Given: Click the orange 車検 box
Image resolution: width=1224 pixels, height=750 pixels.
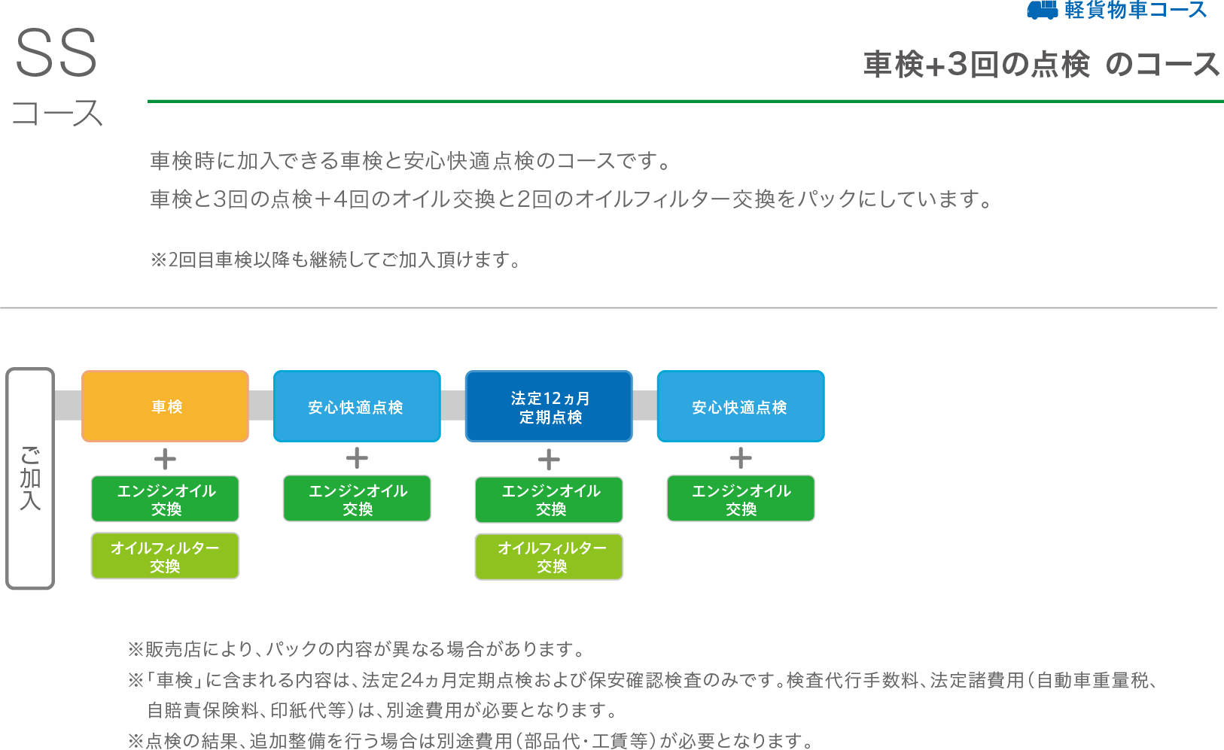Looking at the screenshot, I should tap(165, 406).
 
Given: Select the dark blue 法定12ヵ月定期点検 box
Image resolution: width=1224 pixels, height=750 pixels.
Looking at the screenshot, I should tap(549, 406).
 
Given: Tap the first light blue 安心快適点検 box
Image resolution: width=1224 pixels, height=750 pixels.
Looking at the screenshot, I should tap(357, 406).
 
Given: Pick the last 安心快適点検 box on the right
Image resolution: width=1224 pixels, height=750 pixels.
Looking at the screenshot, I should tap(741, 406).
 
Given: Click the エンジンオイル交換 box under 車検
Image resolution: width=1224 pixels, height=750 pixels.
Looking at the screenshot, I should tap(165, 499).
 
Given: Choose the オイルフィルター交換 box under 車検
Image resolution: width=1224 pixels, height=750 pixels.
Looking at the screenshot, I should tap(165, 556).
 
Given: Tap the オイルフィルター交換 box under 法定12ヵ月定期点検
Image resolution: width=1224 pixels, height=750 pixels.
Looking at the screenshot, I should tap(549, 557).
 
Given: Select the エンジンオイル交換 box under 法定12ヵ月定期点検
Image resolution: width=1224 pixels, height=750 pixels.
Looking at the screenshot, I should tap(549, 499).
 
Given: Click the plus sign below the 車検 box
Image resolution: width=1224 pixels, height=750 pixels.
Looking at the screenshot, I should tap(165, 459).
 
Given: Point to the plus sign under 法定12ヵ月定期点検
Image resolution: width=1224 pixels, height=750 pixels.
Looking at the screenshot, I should tap(549, 459).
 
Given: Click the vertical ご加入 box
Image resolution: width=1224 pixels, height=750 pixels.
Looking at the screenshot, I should tap(30, 478).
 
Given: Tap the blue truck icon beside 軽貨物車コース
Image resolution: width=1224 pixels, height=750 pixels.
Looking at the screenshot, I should tap(1043, 10).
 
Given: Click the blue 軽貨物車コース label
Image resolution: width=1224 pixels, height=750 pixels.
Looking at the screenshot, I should tap(1135, 10).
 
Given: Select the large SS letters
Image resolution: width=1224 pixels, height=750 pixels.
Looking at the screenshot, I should tap(56, 54).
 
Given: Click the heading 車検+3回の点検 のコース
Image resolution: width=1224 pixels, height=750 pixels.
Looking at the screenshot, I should tap(1041, 65).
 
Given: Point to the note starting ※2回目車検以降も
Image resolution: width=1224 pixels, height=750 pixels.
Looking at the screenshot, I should tap(336, 260).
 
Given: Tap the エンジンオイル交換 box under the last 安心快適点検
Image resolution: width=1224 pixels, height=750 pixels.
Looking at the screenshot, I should tap(741, 499).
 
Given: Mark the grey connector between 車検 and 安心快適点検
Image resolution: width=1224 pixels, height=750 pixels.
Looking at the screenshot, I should tap(261, 405).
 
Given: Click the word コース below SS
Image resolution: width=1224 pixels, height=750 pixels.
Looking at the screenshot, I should tap(57, 114).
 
